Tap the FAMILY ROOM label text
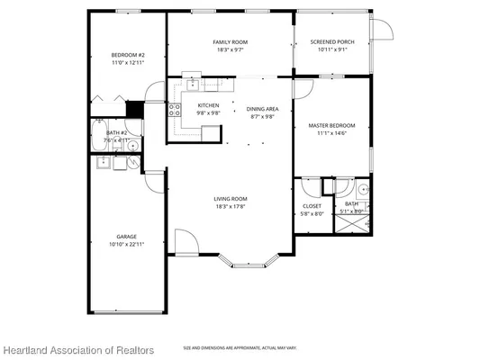231,42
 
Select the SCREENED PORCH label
331,42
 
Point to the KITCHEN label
208,105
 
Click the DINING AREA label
262,109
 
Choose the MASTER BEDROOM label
331,125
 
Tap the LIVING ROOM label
231,199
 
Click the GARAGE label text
126,237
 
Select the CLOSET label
312,206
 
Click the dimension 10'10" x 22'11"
126,244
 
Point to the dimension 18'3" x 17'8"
231,207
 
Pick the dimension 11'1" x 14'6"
331,133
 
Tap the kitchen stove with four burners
174,112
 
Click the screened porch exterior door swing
385,30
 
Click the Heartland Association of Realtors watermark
77,350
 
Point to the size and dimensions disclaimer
240,347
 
